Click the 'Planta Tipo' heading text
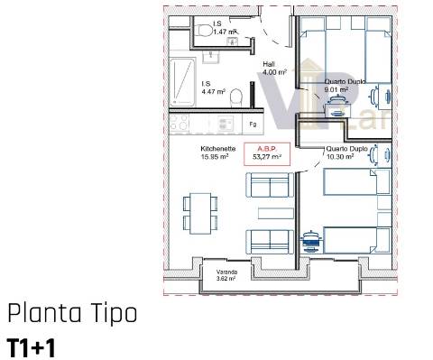(x=72, y=314)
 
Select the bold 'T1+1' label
(x=32, y=346)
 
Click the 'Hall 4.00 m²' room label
(x=274, y=68)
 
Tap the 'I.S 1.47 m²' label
(x=224, y=29)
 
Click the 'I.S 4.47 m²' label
(x=212, y=87)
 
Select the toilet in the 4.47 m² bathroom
(x=236, y=96)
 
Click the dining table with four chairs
(x=198, y=212)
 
